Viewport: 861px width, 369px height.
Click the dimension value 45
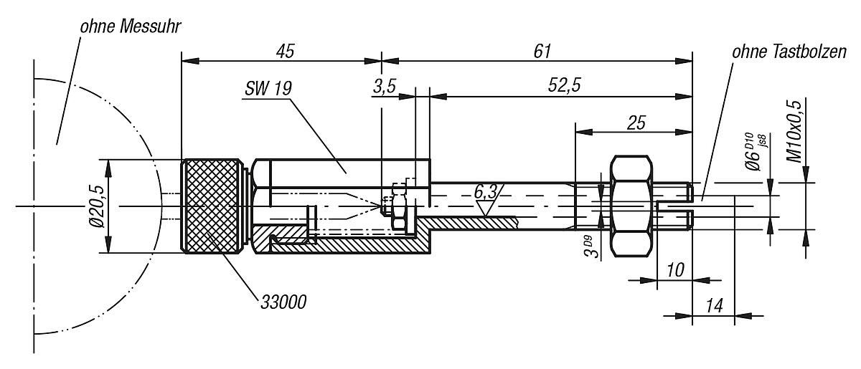click(285, 52)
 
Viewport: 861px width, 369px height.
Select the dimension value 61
click(542, 52)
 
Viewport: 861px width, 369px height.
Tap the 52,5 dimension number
click(564, 85)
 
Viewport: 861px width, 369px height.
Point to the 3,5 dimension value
click(385, 87)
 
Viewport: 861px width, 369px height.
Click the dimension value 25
click(636, 123)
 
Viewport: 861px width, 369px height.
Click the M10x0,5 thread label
click(794, 131)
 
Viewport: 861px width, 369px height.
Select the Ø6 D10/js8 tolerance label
click(755, 151)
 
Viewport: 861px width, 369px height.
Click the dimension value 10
click(674, 270)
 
